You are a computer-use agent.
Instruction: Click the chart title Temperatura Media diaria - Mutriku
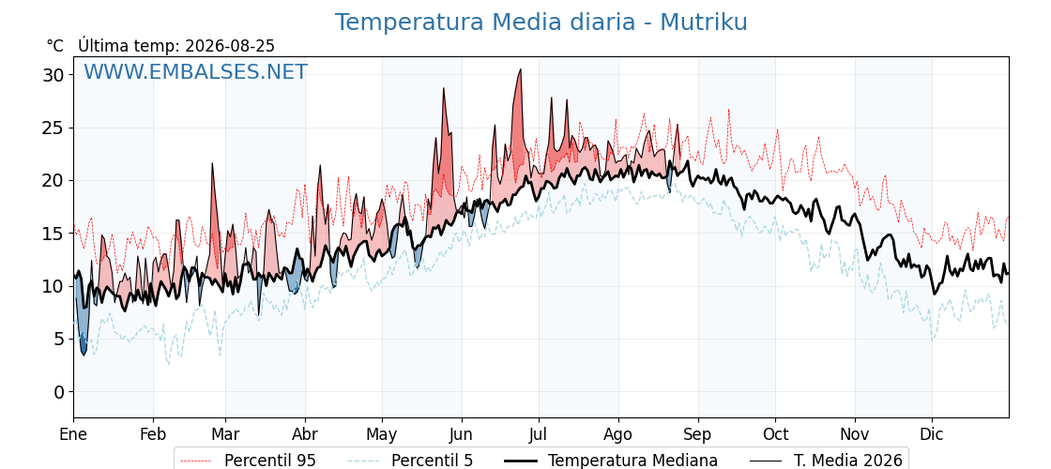[541, 23]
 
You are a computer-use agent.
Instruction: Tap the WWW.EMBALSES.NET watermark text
[195, 71]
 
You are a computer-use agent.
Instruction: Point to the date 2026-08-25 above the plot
[230, 46]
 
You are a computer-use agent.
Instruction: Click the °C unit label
[55, 46]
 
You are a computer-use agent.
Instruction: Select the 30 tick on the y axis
[55, 75]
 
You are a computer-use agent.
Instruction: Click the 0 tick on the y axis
[60, 392]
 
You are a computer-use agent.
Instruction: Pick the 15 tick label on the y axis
[55, 234]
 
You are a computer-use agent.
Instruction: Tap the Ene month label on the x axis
[73, 434]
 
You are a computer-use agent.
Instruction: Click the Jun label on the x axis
[461, 434]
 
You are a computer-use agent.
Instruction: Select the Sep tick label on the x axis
[698, 434]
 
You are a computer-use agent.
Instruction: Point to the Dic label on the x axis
[932, 434]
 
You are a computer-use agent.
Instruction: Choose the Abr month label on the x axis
[305, 434]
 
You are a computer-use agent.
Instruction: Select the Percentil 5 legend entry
[410, 461]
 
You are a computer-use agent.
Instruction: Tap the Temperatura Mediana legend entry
[611, 461]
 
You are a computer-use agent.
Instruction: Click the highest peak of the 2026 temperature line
[520, 69]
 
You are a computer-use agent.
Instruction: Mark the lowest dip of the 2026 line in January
[84, 355]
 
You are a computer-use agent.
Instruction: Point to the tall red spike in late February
[212, 163]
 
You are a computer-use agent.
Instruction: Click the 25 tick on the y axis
[55, 128]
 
